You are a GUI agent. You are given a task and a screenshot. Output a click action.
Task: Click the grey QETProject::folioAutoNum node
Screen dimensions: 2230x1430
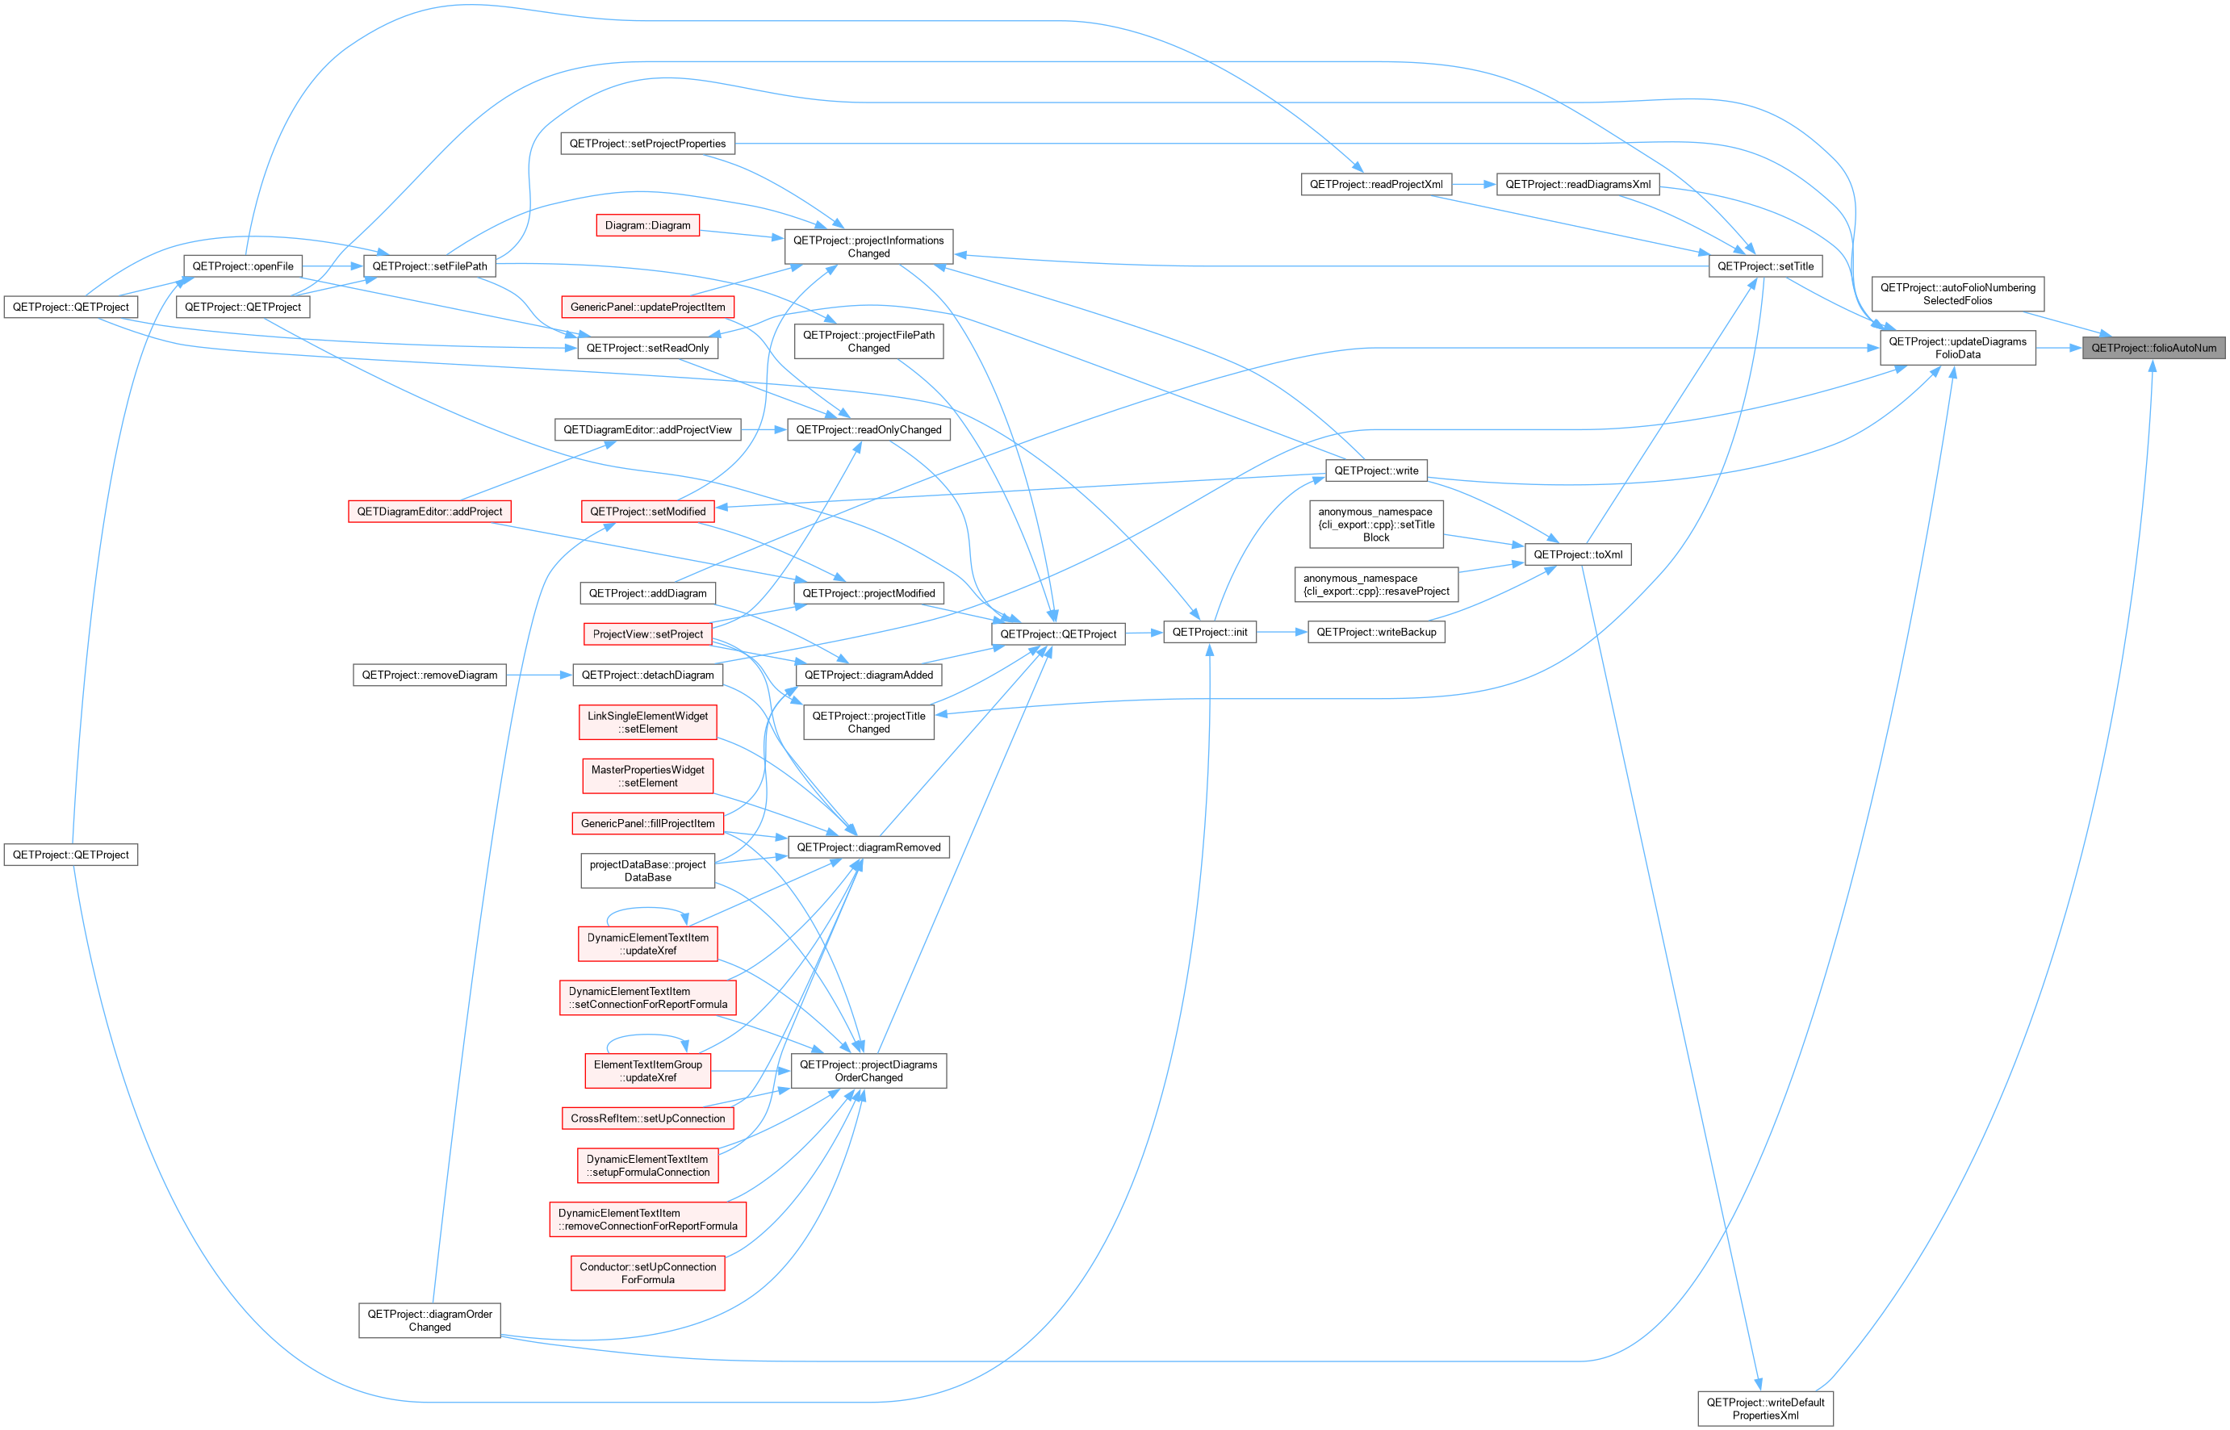point(2153,348)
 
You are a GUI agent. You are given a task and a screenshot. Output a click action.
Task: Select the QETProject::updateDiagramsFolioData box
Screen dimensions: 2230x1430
point(1957,348)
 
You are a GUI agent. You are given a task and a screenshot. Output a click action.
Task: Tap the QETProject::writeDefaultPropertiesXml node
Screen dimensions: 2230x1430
point(1765,1409)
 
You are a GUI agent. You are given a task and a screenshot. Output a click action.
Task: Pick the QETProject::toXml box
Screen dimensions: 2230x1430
point(1577,554)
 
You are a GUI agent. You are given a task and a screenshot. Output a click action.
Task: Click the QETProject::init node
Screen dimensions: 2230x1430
point(1210,633)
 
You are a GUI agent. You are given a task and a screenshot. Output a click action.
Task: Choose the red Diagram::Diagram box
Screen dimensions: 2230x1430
point(647,226)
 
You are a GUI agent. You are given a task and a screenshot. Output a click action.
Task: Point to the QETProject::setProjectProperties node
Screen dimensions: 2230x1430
point(647,144)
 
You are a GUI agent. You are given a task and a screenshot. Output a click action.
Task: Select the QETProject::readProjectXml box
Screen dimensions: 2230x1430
point(1376,185)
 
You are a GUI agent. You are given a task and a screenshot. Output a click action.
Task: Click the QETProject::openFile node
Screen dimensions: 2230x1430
point(242,266)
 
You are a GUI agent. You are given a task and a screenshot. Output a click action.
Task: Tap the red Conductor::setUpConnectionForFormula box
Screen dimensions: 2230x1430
point(647,1273)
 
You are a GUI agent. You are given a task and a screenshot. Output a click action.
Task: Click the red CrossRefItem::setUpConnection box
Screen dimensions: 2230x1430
point(647,1119)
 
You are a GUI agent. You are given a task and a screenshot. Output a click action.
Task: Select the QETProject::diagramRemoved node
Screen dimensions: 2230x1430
point(868,848)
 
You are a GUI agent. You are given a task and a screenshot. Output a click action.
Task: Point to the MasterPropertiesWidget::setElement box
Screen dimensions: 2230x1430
point(647,776)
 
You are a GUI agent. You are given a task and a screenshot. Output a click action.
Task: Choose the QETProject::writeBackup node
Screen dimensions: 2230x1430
point(1376,633)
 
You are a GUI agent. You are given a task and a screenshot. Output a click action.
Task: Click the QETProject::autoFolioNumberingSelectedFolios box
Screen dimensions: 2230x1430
point(1957,295)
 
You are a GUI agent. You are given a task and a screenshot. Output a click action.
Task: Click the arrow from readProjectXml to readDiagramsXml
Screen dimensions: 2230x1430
point(1475,185)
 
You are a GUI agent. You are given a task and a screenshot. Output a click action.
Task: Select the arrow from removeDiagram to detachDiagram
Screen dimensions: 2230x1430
point(539,675)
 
